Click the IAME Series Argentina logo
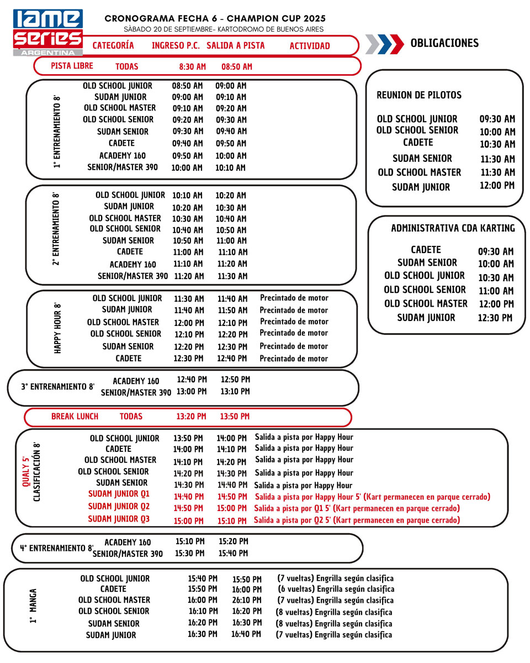(x=47, y=32)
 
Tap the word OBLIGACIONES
(x=444, y=43)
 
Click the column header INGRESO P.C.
(x=176, y=46)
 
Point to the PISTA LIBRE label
(x=72, y=66)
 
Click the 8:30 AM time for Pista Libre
(x=192, y=67)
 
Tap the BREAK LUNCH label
(x=75, y=417)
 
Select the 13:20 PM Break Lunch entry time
(x=191, y=417)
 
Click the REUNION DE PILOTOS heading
(x=419, y=95)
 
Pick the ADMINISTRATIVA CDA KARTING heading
(x=453, y=228)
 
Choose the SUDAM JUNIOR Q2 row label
(x=119, y=506)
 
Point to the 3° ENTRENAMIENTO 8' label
(x=57, y=387)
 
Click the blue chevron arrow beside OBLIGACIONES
(x=396, y=44)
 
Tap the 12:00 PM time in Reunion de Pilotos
(x=497, y=186)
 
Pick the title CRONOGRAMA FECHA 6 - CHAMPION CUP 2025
(x=215, y=19)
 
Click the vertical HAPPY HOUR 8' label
(x=57, y=328)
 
